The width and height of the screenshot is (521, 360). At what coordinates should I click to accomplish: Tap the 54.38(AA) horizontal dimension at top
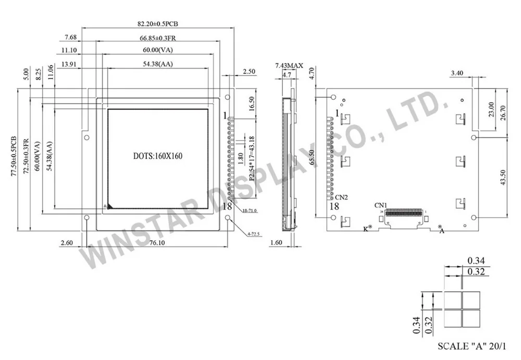[158, 64]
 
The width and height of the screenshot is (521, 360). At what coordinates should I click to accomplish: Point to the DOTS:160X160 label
[157, 155]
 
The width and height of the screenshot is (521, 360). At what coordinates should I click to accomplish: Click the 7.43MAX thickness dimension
[289, 65]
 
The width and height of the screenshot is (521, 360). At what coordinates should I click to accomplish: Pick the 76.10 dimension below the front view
[156, 242]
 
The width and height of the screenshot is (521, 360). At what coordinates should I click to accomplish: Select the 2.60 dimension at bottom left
[67, 242]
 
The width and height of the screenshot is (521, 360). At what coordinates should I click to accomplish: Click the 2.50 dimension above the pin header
[249, 71]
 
